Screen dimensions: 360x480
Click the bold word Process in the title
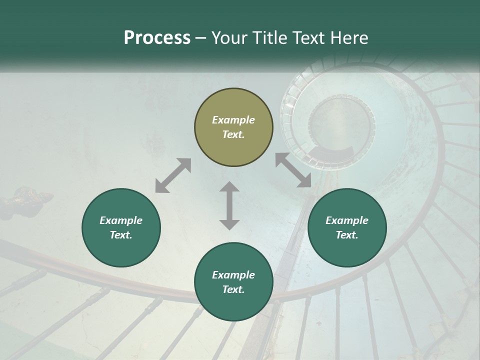tap(157, 38)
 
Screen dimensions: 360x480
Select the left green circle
tap(121, 227)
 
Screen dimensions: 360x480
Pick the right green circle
tap(346, 227)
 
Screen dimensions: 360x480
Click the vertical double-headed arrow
tap(229, 205)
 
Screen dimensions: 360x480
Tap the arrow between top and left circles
tap(173, 175)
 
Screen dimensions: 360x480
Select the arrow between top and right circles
tap(293, 170)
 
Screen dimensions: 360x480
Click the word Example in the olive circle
tap(233, 120)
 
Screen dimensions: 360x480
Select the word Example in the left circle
tap(121, 220)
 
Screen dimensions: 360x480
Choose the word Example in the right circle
tap(346, 220)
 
